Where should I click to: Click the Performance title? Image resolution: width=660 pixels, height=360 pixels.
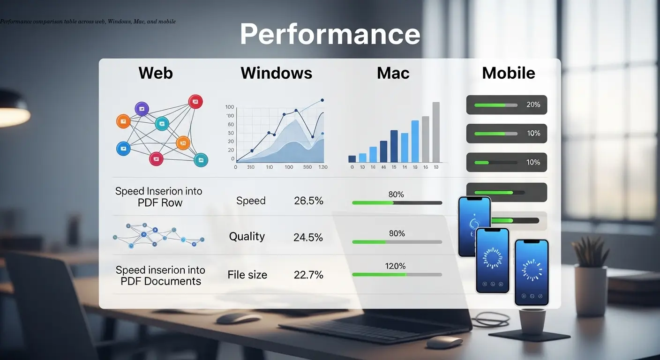(x=330, y=34)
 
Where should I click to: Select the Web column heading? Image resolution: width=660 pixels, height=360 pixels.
(x=156, y=73)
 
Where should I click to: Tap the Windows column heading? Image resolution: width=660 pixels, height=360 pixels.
(x=276, y=73)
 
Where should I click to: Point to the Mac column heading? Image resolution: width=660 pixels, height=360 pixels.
(x=393, y=73)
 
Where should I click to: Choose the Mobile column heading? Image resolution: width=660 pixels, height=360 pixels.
(x=508, y=73)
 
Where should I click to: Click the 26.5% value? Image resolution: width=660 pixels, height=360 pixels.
(x=308, y=201)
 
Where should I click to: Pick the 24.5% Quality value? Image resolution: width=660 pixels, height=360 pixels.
(x=308, y=238)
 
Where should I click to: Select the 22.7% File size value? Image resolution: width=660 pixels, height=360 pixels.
(x=308, y=275)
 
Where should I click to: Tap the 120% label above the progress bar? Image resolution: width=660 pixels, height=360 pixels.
(x=395, y=266)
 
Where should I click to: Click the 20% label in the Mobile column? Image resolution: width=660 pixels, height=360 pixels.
(x=533, y=105)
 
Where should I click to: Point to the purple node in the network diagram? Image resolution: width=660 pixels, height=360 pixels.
(x=142, y=109)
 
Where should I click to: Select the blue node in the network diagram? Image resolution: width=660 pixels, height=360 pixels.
(x=123, y=149)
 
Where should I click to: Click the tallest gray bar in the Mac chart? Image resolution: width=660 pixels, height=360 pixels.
(x=436, y=132)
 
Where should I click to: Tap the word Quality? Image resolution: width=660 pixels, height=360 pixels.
(x=247, y=237)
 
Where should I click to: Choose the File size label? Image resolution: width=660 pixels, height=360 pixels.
(x=247, y=275)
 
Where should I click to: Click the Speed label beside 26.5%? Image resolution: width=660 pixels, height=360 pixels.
(x=251, y=201)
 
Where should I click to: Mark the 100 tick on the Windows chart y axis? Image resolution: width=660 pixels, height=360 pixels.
(x=230, y=107)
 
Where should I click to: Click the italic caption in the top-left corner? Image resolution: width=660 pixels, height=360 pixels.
(x=88, y=22)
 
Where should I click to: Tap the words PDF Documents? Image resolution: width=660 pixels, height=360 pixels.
(x=161, y=281)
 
